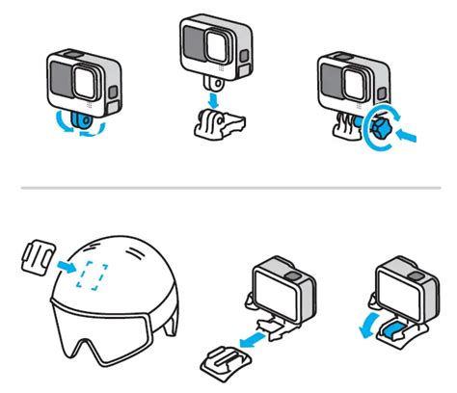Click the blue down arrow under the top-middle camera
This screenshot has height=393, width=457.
click(213, 96)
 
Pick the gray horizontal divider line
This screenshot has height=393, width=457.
click(228, 187)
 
